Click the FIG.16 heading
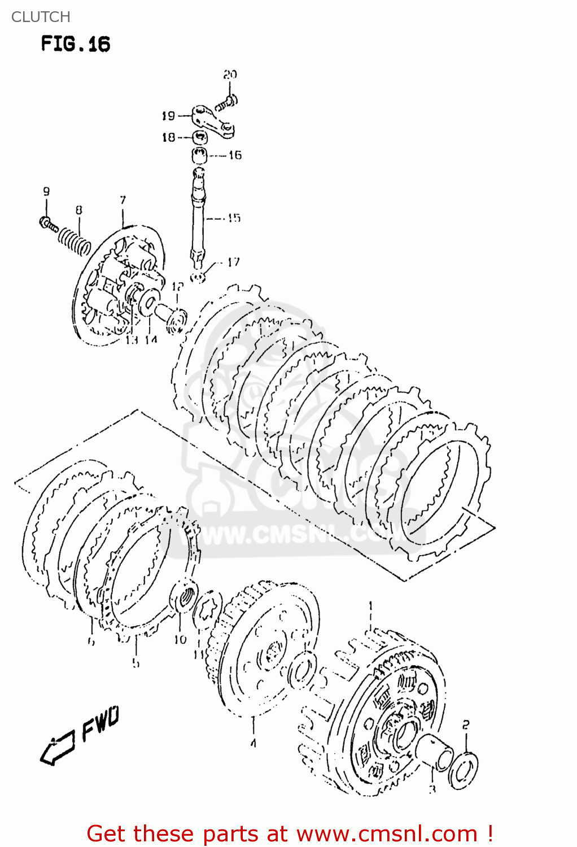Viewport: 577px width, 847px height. [75, 44]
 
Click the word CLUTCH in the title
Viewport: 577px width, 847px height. [41, 17]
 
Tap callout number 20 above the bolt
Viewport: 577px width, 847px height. [230, 75]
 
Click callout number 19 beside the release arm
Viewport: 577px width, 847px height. [168, 116]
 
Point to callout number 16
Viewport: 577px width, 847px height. [235, 155]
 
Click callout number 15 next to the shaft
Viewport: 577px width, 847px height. [233, 218]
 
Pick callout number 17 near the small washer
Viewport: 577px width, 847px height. [233, 262]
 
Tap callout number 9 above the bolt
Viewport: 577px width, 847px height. [46, 191]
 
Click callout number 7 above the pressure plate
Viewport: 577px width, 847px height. [123, 200]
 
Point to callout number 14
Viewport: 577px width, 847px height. [150, 339]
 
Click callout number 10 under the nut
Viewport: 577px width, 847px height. [180, 639]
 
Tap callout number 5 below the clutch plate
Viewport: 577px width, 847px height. [135, 662]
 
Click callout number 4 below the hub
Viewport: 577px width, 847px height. [253, 743]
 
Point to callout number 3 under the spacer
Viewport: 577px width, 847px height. [432, 789]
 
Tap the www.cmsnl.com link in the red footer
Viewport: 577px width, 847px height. [387, 833]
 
